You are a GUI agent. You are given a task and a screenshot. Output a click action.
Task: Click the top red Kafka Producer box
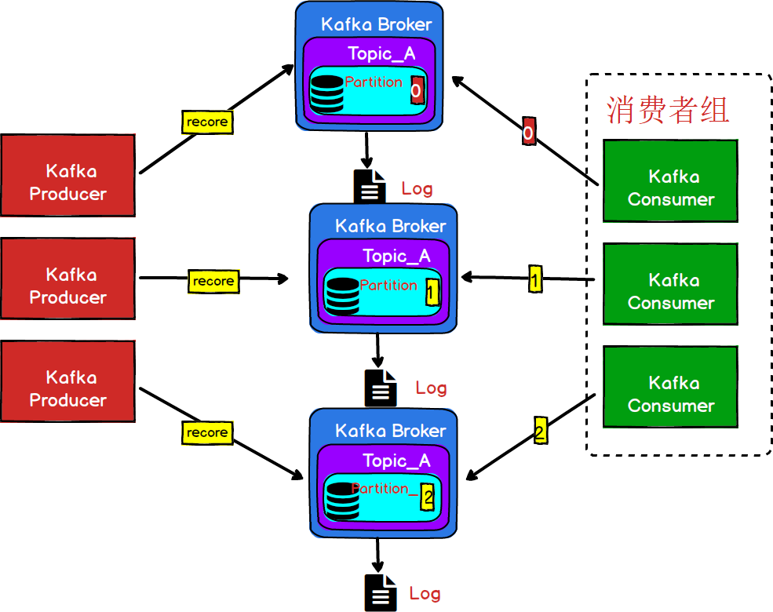(67, 175)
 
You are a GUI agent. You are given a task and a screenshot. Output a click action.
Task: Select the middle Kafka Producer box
(67, 279)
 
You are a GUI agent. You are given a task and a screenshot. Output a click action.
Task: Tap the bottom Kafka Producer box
(67, 381)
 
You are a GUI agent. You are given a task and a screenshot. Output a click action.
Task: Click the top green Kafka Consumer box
(670, 181)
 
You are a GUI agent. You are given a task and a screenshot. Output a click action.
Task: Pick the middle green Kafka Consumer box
(670, 284)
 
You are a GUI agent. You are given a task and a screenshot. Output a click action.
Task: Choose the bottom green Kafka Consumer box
(670, 387)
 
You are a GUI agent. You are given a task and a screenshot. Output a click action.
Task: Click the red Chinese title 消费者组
(668, 110)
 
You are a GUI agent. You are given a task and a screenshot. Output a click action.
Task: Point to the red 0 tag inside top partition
(416, 91)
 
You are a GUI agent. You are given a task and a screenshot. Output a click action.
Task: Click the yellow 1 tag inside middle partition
(431, 293)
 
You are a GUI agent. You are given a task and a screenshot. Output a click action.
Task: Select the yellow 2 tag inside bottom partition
(427, 497)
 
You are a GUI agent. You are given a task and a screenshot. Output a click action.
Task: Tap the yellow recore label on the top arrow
(207, 122)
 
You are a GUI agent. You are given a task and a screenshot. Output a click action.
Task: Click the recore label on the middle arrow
(213, 281)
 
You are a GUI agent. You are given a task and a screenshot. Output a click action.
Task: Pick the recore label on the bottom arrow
(207, 432)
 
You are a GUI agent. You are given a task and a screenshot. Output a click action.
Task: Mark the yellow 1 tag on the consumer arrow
(535, 279)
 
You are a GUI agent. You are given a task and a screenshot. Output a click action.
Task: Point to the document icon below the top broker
(370, 187)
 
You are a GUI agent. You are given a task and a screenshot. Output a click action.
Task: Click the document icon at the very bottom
(379, 592)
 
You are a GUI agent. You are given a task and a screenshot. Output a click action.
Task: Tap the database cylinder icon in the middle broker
(342, 297)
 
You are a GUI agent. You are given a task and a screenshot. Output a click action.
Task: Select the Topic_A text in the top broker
(381, 53)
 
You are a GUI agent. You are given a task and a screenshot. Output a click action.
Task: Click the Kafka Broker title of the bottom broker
(390, 431)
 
